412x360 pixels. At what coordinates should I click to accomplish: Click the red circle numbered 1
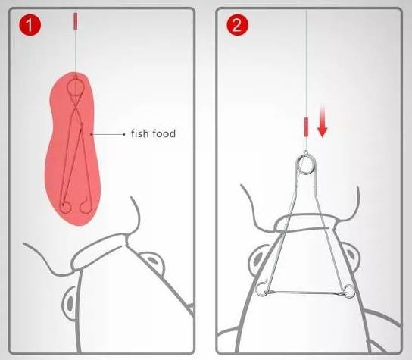tap(30, 25)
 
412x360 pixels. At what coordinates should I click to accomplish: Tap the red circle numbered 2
tap(237, 25)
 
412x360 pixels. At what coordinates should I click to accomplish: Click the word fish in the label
tap(139, 133)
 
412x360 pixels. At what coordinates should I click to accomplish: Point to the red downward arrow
tap(322, 121)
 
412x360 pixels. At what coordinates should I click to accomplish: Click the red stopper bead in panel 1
tap(75, 20)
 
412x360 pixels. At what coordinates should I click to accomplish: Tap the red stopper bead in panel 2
tap(306, 127)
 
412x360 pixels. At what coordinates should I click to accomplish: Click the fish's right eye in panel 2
tap(350, 258)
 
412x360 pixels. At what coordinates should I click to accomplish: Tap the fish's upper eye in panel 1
tap(152, 261)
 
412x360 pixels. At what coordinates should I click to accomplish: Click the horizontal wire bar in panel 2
tap(305, 293)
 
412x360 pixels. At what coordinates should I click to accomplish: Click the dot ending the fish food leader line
tap(124, 134)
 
